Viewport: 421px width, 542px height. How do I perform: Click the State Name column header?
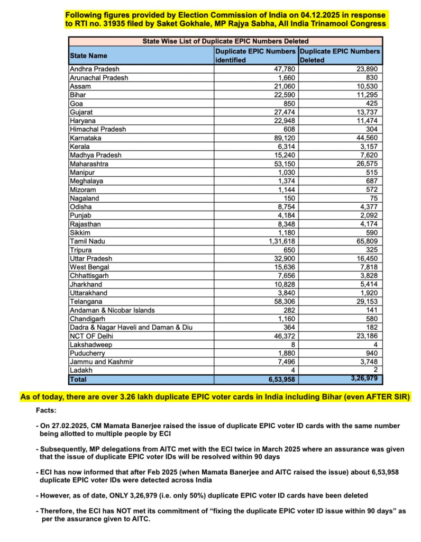88,56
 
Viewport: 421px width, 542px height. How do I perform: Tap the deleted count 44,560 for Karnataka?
365,138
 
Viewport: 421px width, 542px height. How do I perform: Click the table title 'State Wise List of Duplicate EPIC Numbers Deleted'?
225,41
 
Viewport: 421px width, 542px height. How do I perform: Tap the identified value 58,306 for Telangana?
283,302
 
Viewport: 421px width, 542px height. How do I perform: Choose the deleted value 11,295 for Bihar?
365,95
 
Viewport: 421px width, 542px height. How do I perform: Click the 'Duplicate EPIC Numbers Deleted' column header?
340,56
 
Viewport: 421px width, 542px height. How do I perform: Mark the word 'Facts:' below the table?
47,410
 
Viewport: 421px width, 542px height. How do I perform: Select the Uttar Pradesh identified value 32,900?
283,258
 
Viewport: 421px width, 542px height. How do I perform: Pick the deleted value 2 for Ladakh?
376,371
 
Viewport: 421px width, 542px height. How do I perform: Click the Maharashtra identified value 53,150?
283,164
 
